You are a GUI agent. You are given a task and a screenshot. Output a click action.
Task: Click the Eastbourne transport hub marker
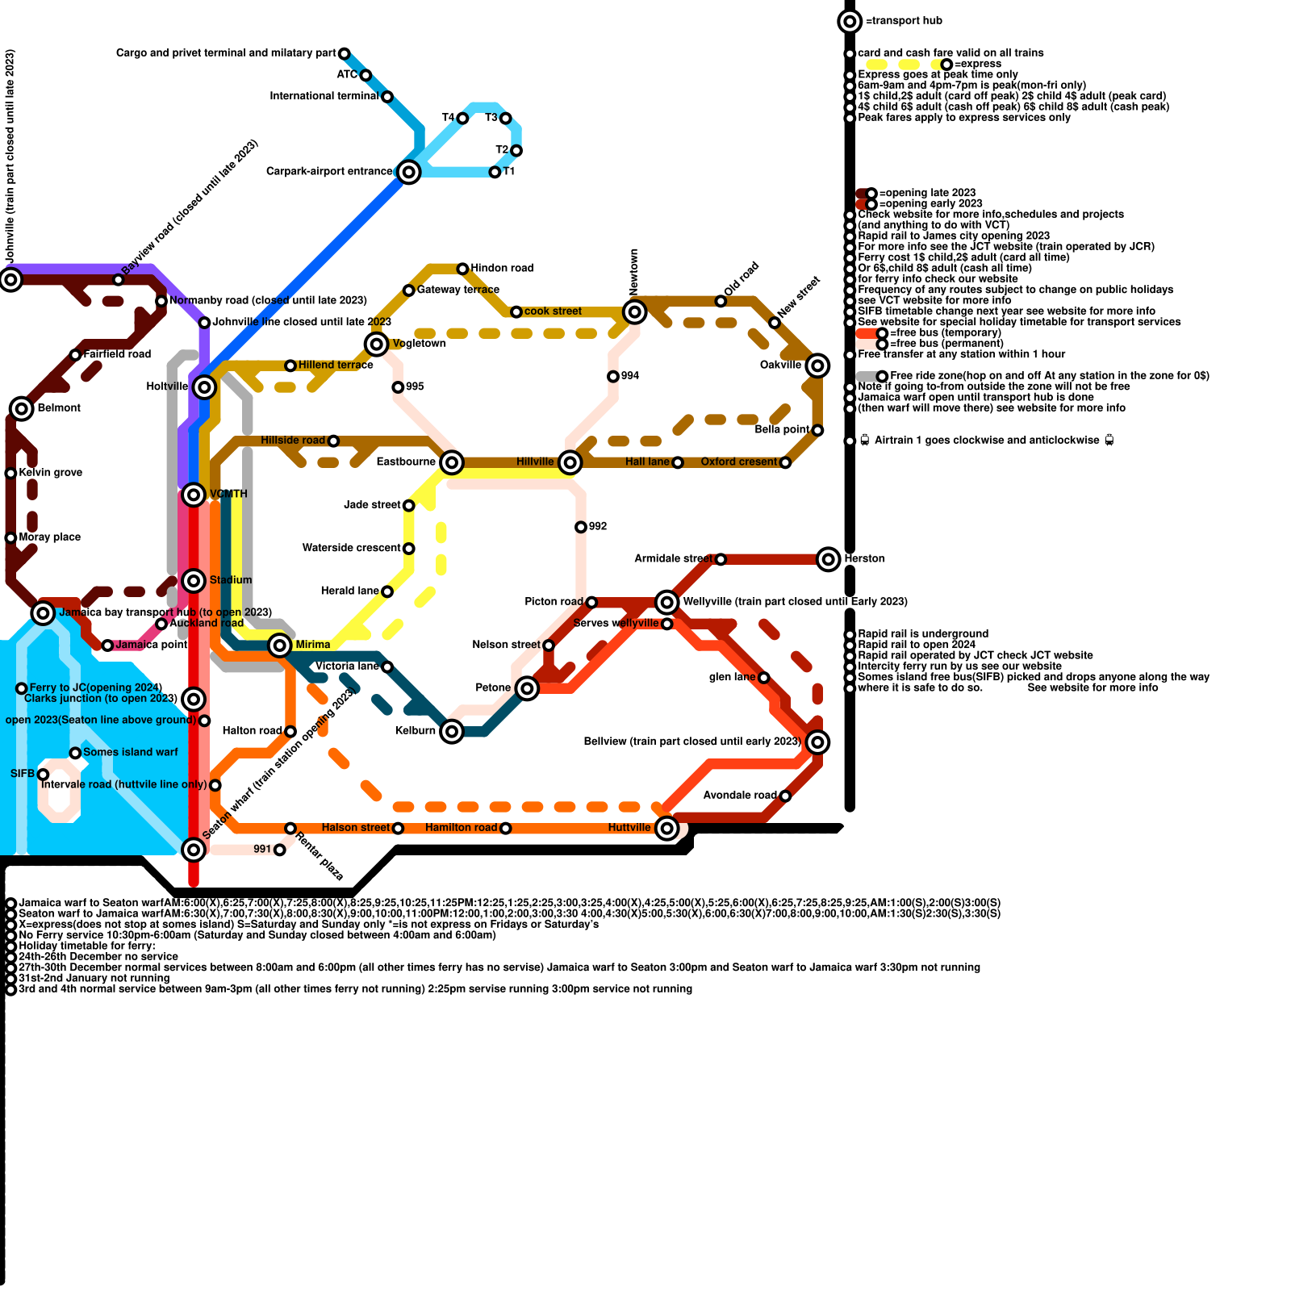pos(452,462)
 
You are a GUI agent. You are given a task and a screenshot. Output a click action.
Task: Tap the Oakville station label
pos(780,366)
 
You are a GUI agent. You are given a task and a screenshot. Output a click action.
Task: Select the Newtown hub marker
pos(635,311)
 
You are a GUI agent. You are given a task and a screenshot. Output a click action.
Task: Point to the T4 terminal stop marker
pos(462,119)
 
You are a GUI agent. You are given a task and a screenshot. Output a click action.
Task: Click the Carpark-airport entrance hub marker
pos(409,172)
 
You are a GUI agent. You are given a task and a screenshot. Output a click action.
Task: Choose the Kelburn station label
pos(415,731)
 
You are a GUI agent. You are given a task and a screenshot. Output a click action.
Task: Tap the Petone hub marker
pos(527,688)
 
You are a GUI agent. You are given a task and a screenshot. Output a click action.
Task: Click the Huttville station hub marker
pos(666,828)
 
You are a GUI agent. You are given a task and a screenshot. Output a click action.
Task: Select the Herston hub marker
pos(829,558)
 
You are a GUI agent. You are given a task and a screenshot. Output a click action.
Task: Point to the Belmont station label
pos(59,408)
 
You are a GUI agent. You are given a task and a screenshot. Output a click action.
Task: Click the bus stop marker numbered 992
pos(581,527)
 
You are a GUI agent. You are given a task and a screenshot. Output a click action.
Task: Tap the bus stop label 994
pos(630,376)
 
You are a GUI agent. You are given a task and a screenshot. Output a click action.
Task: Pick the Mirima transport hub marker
pos(280,645)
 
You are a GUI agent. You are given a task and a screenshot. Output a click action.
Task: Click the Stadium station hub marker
pos(194,580)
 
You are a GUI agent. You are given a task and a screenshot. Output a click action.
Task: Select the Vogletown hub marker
pos(376,344)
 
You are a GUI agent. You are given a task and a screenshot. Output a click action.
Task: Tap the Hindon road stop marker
pos(462,269)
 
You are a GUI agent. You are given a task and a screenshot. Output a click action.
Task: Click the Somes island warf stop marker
pos(75,753)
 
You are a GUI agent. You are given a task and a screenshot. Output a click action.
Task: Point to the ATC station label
pos(347,75)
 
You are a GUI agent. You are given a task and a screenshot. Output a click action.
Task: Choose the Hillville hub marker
pos(570,462)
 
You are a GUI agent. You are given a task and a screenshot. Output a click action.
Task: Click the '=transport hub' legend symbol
pos(850,21)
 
